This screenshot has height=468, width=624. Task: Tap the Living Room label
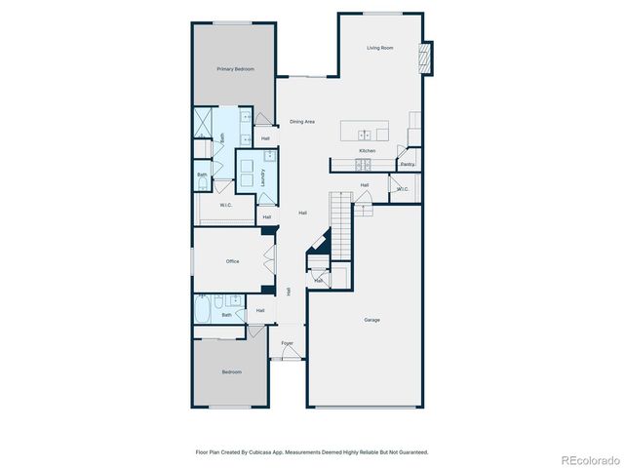pyautogui.click(x=379, y=48)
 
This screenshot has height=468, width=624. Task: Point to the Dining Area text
pyautogui.click(x=302, y=122)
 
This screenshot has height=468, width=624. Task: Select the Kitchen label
pyautogui.click(x=367, y=151)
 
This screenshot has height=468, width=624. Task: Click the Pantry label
pyautogui.click(x=408, y=164)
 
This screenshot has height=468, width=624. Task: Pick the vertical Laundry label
pyautogui.click(x=262, y=177)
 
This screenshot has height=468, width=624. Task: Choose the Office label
pyautogui.click(x=233, y=261)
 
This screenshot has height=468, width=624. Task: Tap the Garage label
pyautogui.click(x=371, y=320)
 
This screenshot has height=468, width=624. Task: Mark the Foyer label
pyautogui.click(x=288, y=343)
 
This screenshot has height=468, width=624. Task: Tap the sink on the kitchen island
pyautogui.click(x=364, y=134)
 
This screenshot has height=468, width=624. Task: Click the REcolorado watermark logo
pyautogui.click(x=589, y=459)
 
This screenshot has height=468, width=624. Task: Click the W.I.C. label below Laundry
pyautogui.click(x=225, y=205)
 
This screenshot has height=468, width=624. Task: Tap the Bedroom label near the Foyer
pyautogui.click(x=231, y=371)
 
